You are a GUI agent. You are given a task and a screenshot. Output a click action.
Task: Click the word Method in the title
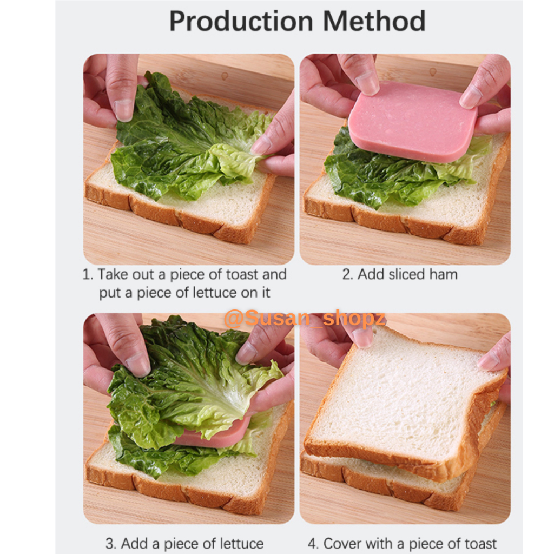coord(374,21)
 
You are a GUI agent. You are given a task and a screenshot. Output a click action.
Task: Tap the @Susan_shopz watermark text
coord(305,318)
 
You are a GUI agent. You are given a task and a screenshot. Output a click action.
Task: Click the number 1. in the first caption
coord(88,274)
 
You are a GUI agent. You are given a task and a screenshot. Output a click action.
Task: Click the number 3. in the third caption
coord(111,543)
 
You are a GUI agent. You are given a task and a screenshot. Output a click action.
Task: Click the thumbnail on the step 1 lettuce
coord(124,110)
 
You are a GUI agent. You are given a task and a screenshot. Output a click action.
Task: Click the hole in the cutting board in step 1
coord(225,76)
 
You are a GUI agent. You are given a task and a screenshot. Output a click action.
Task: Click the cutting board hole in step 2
coord(432,72)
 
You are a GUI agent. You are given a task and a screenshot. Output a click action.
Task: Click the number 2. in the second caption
coord(348,274)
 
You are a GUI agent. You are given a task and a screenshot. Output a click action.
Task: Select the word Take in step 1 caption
coord(113,274)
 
